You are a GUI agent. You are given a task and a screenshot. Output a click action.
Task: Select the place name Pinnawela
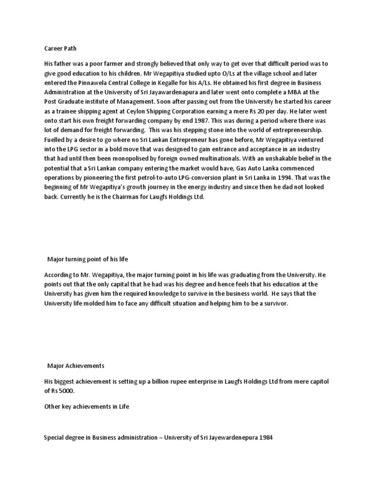pyautogui.click(x=92, y=82)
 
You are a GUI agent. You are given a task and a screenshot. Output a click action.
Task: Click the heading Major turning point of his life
pyautogui.click(x=87, y=259)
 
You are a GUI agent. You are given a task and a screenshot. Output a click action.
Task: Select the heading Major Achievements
pyautogui.click(x=75, y=365)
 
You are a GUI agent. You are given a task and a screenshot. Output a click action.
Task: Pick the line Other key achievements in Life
pyautogui.click(x=86, y=407)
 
